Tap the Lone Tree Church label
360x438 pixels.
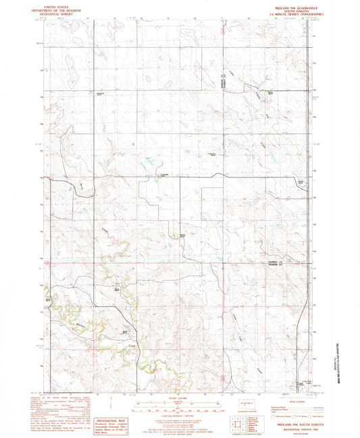pos(301,383)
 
